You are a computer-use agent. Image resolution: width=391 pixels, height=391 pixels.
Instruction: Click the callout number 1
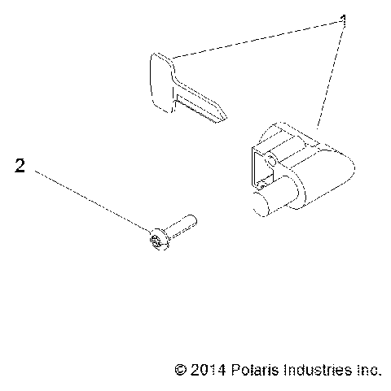click(343, 22)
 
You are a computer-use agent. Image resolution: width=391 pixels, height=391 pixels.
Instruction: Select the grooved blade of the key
click(200, 106)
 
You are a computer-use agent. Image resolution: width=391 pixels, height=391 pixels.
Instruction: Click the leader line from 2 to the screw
click(90, 202)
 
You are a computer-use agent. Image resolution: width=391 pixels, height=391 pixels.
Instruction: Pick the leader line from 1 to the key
click(253, 39)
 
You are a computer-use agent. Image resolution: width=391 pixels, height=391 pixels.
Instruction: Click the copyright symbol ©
click(181, 370)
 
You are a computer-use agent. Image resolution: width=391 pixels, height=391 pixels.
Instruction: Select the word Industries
click(313, 370)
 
